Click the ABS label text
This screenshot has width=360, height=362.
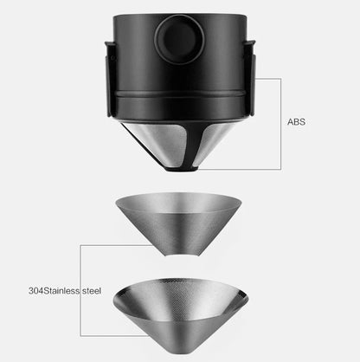coord(296,122)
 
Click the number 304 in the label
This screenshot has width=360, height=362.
coord(35,290)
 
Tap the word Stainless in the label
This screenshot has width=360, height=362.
coord(61,290)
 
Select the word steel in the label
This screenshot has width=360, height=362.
coord(92,290)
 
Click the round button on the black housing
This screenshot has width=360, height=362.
coord(179,40)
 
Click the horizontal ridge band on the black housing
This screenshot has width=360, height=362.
coord(179,94)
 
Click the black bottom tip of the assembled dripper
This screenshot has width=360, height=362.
coord(182,170)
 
